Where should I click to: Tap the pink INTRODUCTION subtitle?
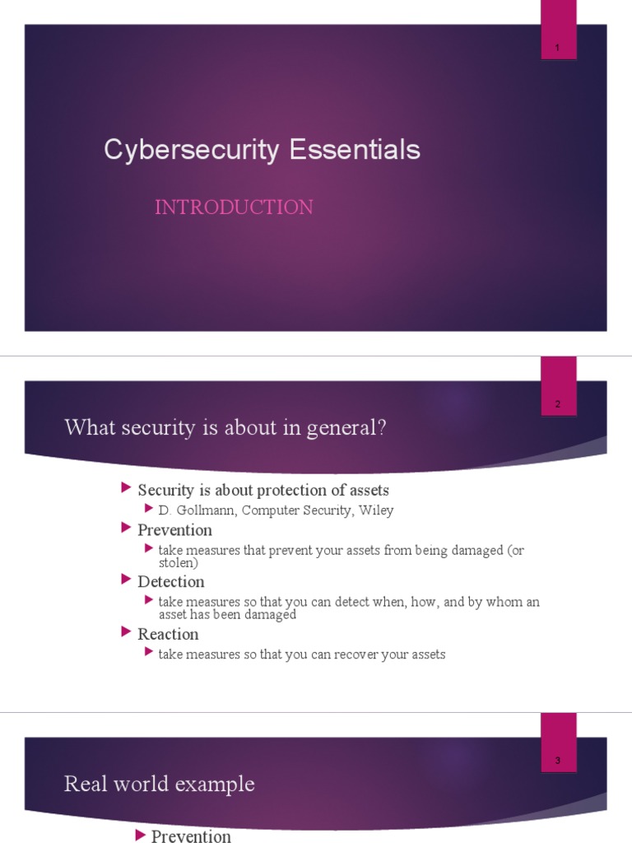click(234, 207)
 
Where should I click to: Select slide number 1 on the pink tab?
click(557, 49)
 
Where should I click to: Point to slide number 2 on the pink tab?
click(557, 404)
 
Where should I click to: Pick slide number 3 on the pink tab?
click(557, 761)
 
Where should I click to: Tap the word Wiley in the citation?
click(375, 510)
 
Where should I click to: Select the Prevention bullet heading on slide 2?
click(174, 530)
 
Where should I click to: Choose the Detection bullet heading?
click(171, 582)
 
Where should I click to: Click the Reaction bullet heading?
click(168, 634)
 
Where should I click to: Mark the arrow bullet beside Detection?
click(126, 580)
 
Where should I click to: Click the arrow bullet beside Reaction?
click(126, 632)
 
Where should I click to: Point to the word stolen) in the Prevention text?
click(179, 563)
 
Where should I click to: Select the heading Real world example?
click(159, 785)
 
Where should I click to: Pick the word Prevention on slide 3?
click(191, 836)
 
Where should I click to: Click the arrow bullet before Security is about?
click(126, 489)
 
